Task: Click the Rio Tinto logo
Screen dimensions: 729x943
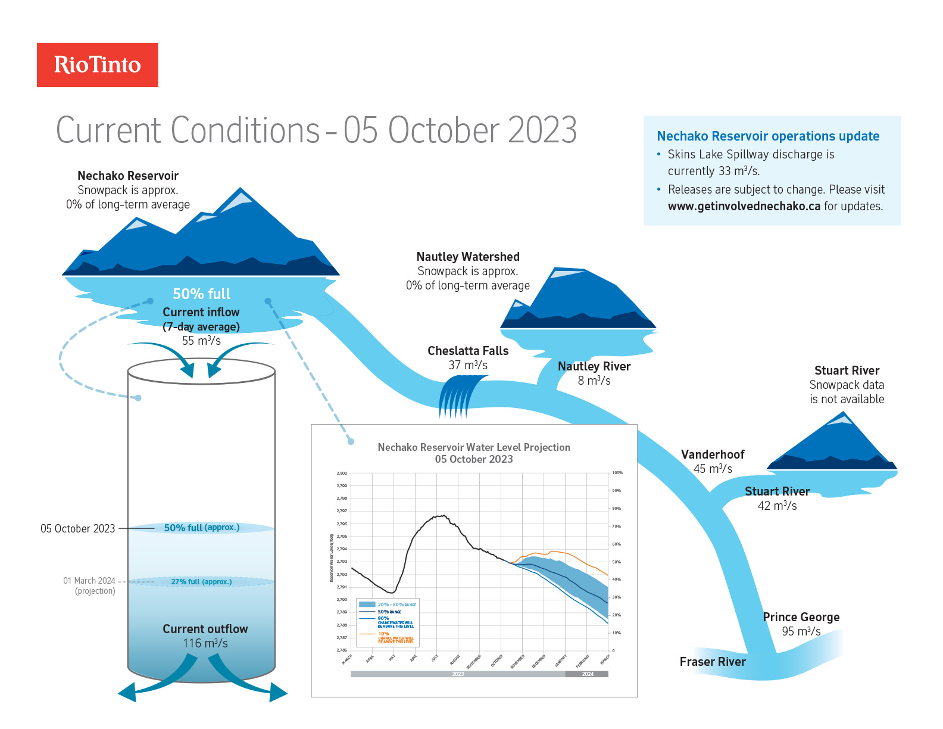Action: click(98, 65)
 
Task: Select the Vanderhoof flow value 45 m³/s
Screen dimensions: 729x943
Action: click(713, 469)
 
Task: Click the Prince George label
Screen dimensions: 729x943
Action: click(801, 617)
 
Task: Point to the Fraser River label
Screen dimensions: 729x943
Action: click(713, 662)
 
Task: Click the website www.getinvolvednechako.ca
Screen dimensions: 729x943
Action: click(744, 206)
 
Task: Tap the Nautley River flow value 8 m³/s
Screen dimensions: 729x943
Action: click(594, 381)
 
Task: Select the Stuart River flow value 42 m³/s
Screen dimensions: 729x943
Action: click(777, 506)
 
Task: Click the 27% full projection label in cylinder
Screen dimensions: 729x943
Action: click(201, 582)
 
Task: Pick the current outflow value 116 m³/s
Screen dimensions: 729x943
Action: click(205, 643)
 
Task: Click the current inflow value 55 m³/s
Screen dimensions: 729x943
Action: click(201, 341)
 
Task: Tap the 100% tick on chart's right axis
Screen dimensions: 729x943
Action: click(617, 473)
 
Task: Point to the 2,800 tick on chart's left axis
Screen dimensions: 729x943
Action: click(342, 473)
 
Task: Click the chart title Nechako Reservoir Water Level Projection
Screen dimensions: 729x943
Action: click(474, 447)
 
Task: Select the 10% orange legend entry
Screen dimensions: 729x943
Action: click(384, 634)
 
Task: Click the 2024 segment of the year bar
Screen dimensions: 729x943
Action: click(587, 674)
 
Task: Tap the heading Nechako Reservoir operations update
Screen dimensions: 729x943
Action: click(768, 136)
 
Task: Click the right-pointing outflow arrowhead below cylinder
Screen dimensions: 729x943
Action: click(277, 693)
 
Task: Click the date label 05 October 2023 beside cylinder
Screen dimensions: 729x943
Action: click(77, 529)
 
